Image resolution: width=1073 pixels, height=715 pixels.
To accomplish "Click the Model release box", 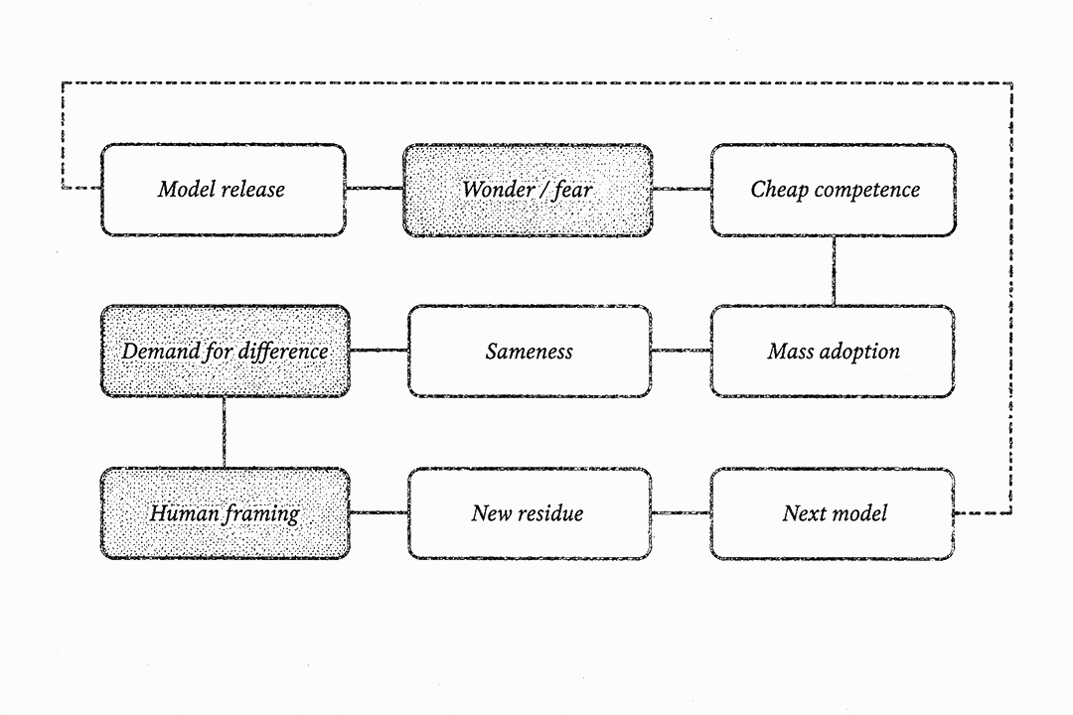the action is click(224, 190).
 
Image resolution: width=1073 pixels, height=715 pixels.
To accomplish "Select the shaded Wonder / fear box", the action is click(528, 190).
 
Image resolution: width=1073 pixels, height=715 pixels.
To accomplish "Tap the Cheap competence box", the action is click(834, 190).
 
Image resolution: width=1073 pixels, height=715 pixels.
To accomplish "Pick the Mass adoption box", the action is click(833, 351).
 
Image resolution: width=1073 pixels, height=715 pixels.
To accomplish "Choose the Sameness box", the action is click(530, 351).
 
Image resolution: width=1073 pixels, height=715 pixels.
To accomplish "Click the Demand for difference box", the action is click(226, 351).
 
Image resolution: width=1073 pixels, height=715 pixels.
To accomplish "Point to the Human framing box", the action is click(226, 513).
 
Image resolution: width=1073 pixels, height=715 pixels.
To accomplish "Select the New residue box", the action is click(530, 513).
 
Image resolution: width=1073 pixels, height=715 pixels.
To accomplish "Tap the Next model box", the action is click(833, 513).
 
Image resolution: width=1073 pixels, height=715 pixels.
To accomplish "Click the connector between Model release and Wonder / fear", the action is click(375, 188).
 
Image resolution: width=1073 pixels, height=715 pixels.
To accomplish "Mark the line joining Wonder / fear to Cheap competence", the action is click(681, 188).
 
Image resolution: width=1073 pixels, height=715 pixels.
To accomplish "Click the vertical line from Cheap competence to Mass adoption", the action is click(834, 271).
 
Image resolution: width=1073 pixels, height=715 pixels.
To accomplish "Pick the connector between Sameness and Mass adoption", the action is click(681, 351).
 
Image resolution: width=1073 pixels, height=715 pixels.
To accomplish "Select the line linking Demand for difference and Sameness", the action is click(380, 351).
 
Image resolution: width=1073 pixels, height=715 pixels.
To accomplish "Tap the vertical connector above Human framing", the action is click(224, 432).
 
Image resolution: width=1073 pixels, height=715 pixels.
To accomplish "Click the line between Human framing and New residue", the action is click(380, 511).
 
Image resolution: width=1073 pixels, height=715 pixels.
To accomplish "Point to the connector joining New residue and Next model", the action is click(681, 511).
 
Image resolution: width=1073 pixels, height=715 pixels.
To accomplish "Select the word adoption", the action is click(859, 352).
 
